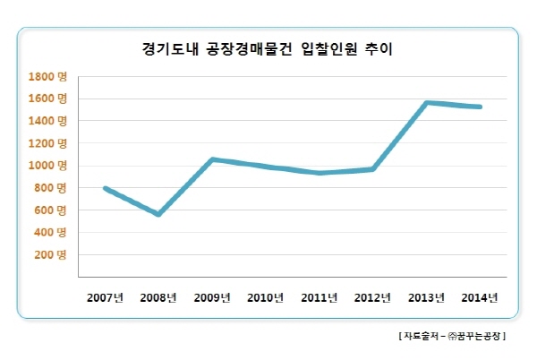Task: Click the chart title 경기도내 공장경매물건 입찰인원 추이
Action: click(268, 49)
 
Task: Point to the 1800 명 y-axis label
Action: click(47, 76)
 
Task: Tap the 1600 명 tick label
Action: click(47, 99)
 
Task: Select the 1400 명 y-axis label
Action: click(47, 121)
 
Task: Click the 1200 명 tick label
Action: click(47, 143)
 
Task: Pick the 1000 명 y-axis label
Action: click(47, 166)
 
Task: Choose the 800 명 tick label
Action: click(50, 188)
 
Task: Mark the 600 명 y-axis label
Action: click(50, 210)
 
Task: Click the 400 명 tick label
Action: click(50, 233)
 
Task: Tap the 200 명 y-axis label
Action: click(50, 255)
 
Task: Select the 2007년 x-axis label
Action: click(105, 296)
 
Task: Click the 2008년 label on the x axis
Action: click(158, 296)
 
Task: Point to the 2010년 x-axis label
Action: click(265, 296)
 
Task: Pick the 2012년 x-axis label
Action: click(371, 296)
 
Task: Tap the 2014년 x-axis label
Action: click(480, 296)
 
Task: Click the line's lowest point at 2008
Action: click(158, 215)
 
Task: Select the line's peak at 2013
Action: click(427, 103)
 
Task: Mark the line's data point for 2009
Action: click(211, 159)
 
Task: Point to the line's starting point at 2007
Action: click(105, 188)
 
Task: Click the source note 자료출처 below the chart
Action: click(452, 336)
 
